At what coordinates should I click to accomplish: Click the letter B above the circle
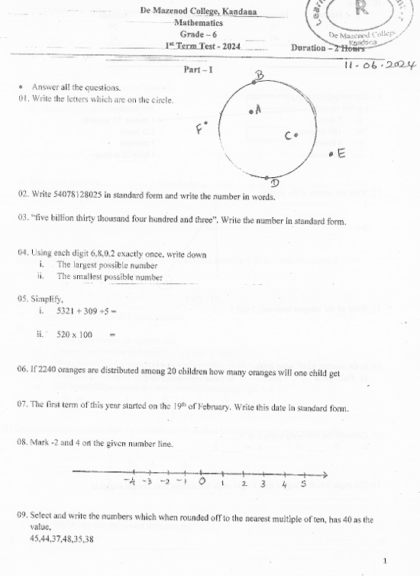click(259, 75)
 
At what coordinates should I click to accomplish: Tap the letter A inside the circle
click(258, 109)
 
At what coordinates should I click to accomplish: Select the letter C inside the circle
click(289, 136)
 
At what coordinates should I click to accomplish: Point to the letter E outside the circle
click(341, 153)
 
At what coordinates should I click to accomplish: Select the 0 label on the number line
click(202, 482)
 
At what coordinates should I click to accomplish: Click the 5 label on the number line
click(303, 483)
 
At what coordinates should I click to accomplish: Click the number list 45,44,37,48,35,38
click(62, 539)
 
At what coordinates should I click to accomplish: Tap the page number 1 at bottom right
click(385, 560)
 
